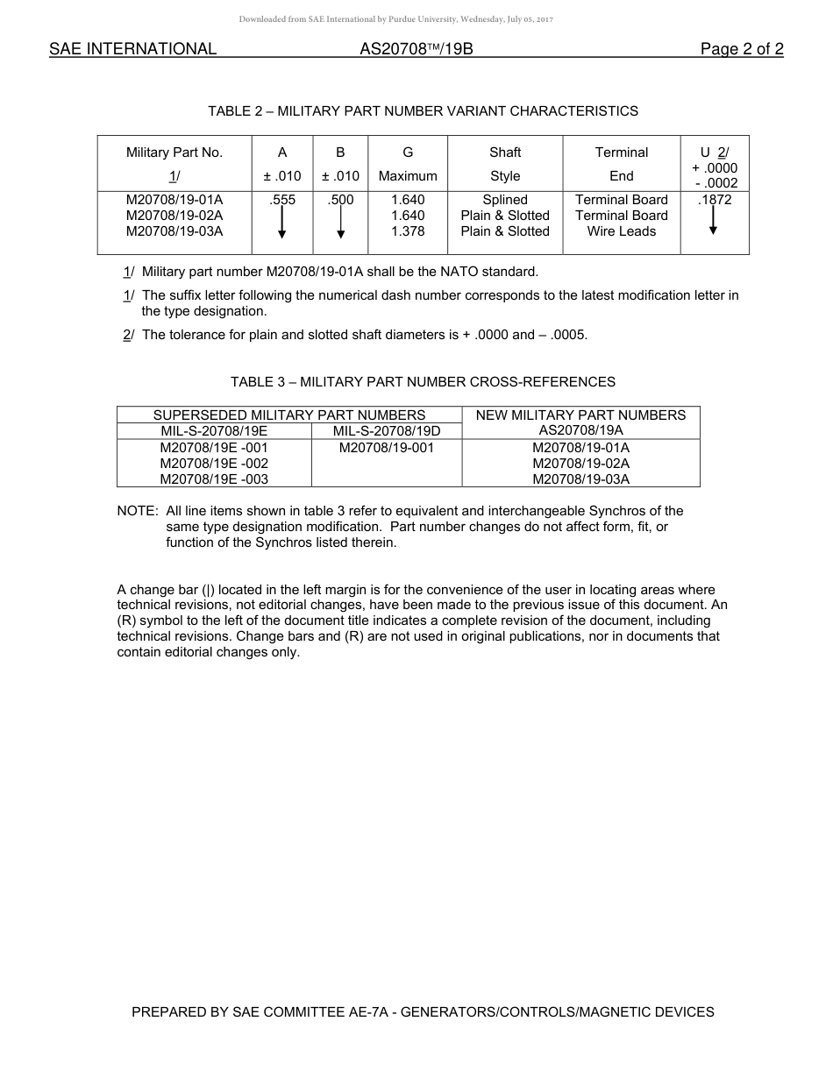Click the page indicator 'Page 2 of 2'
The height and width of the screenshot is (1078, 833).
click(741, 49)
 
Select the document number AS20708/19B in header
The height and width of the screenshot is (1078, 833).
click(416, 49)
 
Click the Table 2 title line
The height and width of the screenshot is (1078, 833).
click(423, 111)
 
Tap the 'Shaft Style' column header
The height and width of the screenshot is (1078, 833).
click(505, 164)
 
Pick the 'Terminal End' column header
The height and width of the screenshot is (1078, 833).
click(621, 164)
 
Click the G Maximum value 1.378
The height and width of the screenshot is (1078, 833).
click(408, 231)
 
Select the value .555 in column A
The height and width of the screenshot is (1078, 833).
click(282, 200)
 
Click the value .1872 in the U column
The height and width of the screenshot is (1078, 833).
click(714, 200)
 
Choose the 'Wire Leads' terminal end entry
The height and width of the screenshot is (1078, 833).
click(621, 231)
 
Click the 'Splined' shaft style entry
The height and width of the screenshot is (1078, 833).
click(505, 200)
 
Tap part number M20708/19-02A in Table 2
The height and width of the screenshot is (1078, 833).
click(174, 216)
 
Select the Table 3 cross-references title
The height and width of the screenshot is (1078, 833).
click(423, 382)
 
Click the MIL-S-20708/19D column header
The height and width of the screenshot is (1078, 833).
click(386, 431)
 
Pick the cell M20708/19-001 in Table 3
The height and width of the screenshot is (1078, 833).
click(386, 447)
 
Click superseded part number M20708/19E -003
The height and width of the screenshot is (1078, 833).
click(214, 479)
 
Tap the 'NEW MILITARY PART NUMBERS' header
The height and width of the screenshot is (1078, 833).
click(580, 415)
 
